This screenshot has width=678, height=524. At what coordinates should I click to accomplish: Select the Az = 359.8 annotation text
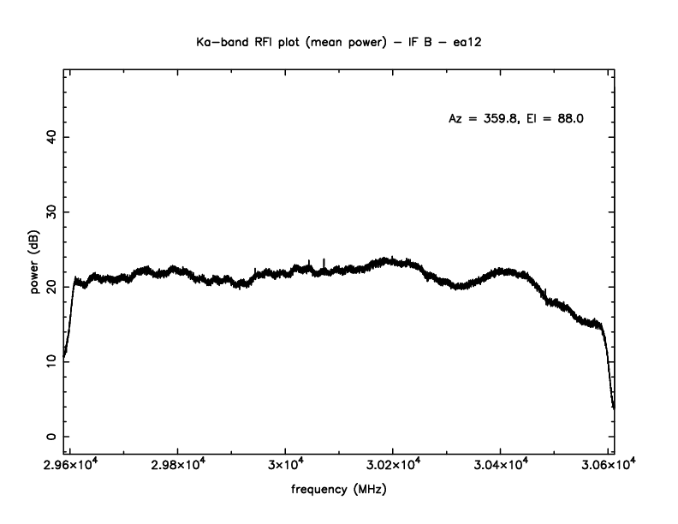[x=484, y=119]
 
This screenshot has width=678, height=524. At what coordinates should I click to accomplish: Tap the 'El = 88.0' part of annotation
[x=558, y=119]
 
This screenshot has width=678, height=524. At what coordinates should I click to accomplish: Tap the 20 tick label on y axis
[x=51, y=287]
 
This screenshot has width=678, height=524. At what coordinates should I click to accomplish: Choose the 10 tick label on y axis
[x=51, y=361]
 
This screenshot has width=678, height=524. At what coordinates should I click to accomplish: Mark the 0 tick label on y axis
[x=51, y=437]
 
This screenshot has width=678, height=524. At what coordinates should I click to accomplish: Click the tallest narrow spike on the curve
[x=324, y=259]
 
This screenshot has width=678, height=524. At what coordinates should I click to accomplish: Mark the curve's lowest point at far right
[x=614, y=407]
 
